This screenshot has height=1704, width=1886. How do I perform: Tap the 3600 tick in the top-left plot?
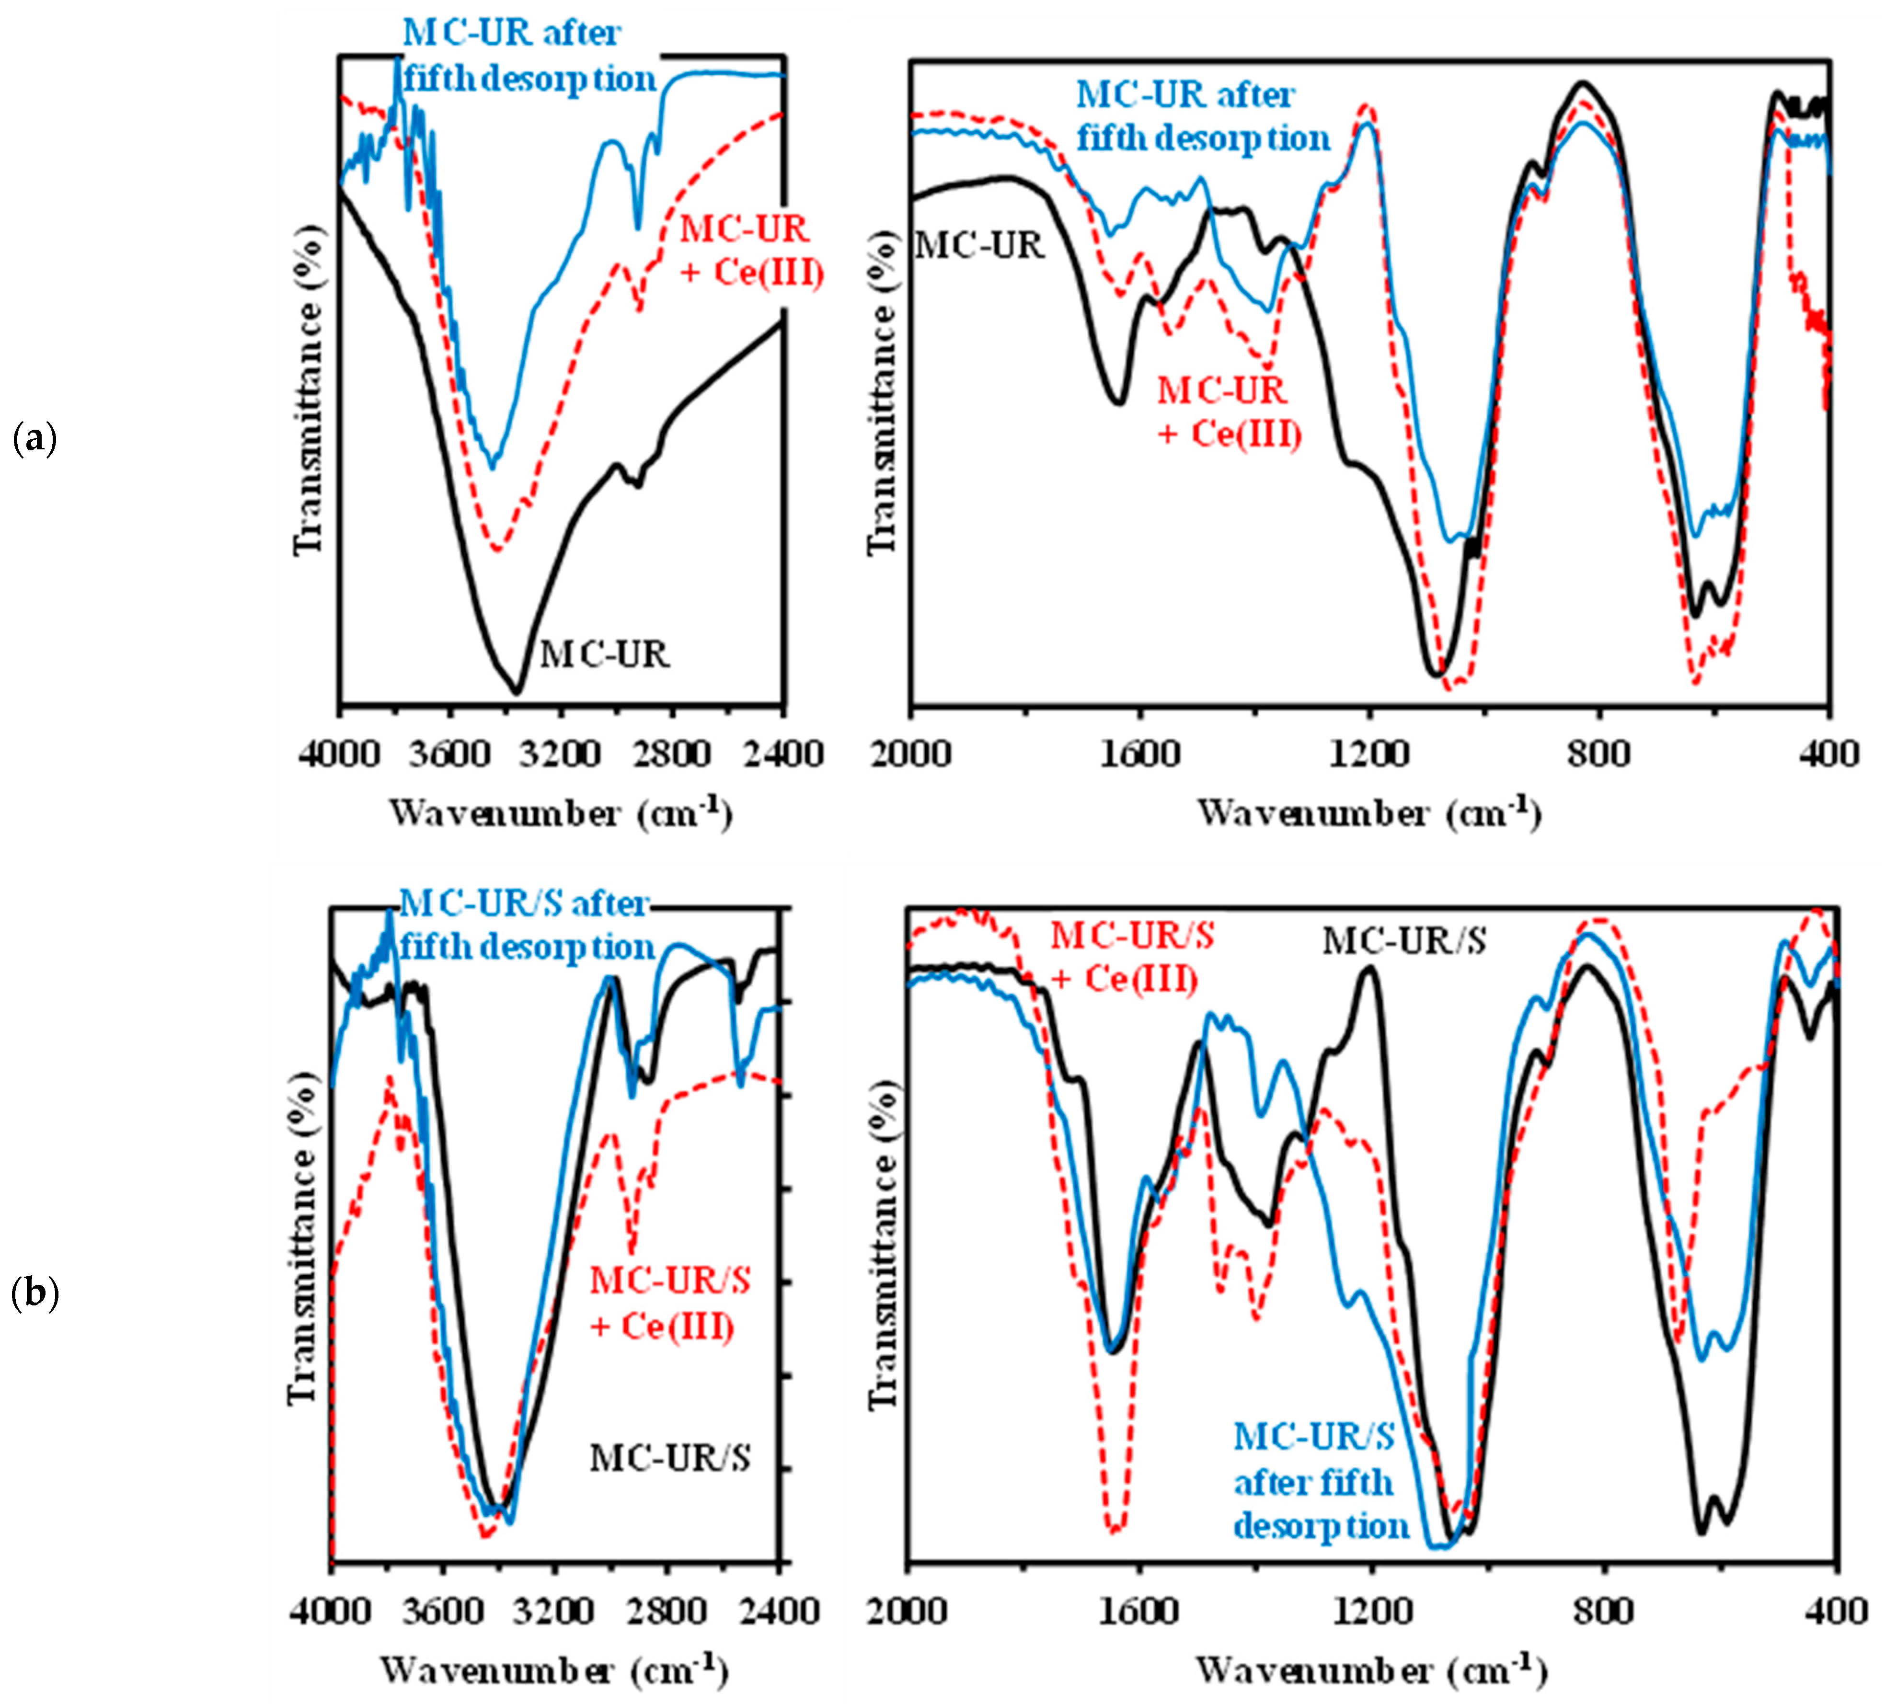click(449, 754)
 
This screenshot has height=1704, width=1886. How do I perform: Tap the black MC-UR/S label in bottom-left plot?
click(670, 1458)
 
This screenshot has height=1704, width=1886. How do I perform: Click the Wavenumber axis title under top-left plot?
click(560, 813)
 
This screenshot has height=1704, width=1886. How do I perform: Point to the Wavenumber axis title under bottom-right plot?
click(1370, 1670)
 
